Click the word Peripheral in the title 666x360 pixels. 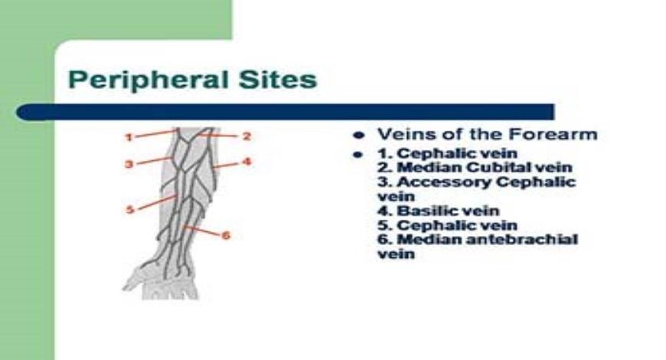[x=149, y=80]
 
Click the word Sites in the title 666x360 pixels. [x=278, y=79]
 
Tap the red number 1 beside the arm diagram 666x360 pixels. [x=129, y=137]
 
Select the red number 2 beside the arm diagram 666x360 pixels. [x=246, y=136]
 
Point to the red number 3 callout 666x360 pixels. [x=129, y=164]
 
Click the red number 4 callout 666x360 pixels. [x=246, y=162]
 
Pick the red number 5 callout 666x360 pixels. [x=130, y=210]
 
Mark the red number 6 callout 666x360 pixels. [x=226, y=235]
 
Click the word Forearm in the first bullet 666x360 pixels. [x=553, y=134]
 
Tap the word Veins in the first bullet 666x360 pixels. [x=406, y=134]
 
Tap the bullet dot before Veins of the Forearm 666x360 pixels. [x=359, y=136]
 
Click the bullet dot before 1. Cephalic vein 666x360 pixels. [x=358, y=155]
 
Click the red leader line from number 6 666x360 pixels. [x=203, y=231]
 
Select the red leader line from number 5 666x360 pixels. [x=158, y=202]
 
